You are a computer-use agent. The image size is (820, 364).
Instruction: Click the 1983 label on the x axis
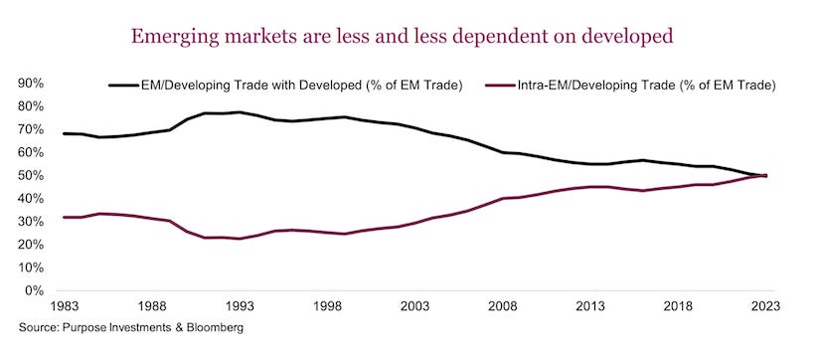[65, 307]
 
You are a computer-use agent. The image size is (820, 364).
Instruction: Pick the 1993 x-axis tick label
[239, 307]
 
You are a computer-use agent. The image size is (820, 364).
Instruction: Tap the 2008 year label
[502, 307]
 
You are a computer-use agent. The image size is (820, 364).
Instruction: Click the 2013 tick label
[589, 307]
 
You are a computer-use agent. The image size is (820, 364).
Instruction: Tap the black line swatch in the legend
[123, 86]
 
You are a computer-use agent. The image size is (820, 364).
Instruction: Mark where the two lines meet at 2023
[764, 176]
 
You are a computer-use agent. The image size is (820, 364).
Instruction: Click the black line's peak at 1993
[239, 112]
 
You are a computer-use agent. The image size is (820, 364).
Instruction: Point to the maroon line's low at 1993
[239, 239]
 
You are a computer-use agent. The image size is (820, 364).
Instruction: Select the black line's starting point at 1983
[65, 133]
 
